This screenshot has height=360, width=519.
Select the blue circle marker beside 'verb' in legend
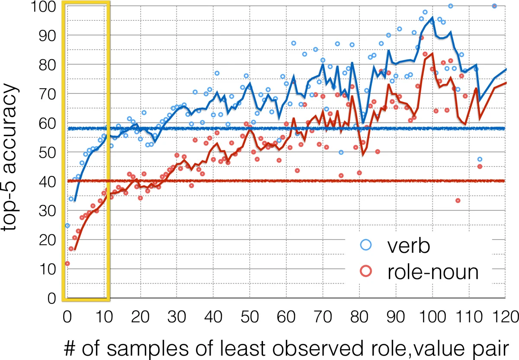tap(367, 245)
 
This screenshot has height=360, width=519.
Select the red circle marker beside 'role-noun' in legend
tap(367, 272)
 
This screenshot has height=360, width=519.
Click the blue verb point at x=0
tap(67, 226)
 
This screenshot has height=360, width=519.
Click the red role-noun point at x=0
tap(67, 263)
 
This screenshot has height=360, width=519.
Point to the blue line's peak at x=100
tap(432, 18)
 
